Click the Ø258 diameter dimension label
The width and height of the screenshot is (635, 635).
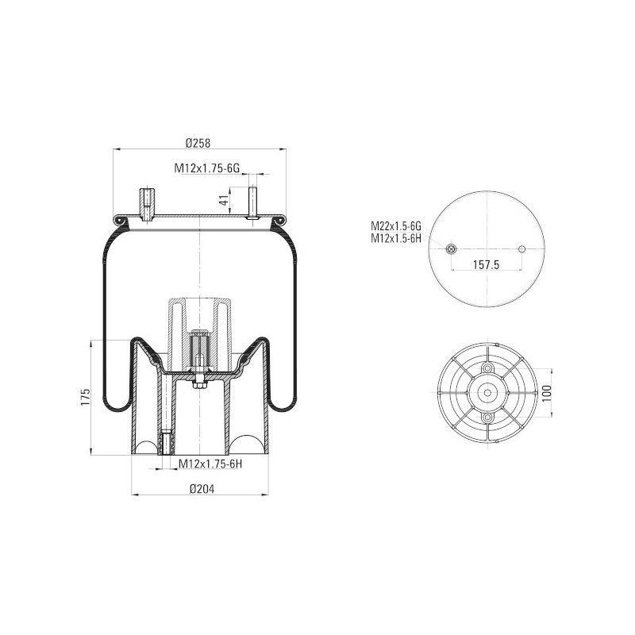pyautogui.click(x=197, y=143)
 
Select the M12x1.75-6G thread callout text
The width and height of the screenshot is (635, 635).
pyautogui.click(x=207, y=168)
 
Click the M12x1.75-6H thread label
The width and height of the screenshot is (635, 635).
pyautogui.click(x=210, y=464)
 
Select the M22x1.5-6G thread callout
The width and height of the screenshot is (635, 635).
pyautogui.click(x=394, y=225)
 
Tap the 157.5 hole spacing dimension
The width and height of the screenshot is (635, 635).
pyautogui.click(x=487, y=265)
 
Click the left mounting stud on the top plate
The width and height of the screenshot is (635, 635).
pyautogui.click(x=147, y=203)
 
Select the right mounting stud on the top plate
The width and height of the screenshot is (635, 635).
pyautogui.click(x=252, y=202)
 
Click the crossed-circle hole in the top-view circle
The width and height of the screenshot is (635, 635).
pyautogui.click(x=451, y=249)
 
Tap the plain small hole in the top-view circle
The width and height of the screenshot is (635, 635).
pyautogui.click(x=522, y=249)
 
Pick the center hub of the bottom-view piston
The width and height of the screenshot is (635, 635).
pyautogui.click(x=487, y=393)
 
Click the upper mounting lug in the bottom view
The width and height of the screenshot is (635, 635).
pyautogui.click(x=487, y=369)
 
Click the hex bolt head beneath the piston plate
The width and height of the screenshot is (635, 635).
pyautogui.click(x=198, y=386)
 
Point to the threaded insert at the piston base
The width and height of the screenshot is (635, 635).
pyautogui.click(x=166, y=444)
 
